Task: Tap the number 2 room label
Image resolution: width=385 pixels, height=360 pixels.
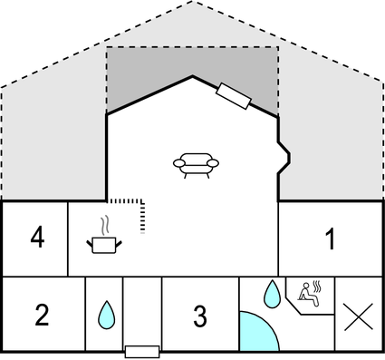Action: (x=42, y=316)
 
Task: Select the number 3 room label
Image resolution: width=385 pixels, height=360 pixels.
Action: (x=200, y=316)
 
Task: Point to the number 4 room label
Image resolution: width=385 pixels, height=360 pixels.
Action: (x=36, y=238)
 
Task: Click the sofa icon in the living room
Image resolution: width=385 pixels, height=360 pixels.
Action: (x=197, y=164)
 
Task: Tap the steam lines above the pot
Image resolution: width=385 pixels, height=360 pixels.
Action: (x=105, y=223)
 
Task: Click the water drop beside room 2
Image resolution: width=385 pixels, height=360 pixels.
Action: (x=105, y=316)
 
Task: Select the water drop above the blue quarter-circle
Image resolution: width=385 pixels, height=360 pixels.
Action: (x=270, y=292)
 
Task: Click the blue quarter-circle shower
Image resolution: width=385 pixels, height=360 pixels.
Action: (x=256, y=333)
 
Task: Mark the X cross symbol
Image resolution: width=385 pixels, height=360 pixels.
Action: (x=358, y=318)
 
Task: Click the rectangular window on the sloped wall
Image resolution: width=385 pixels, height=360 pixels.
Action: (x=234, y=94)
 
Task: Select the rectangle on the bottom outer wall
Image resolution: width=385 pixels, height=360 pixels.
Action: (x=141, y=350)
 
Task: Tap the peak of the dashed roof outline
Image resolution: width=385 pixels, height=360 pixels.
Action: (x=193, y=3)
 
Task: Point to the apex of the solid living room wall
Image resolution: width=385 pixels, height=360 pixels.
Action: (x=192, y=76)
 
